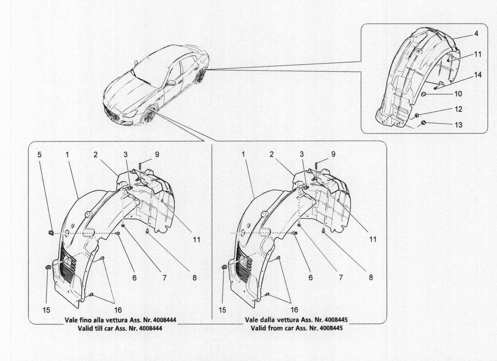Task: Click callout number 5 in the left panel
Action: click(x=39, y=154)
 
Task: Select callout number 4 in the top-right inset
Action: click(x=464, y=33)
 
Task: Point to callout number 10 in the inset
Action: click(x=458, y=94)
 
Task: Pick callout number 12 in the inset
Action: click(x=458, y=110)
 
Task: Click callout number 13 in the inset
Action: click(x=458, y=125)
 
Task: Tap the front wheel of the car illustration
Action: click(x=149, y=116)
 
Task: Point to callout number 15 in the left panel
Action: click(x=47, y=310)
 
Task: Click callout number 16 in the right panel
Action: click(x=294, y=310)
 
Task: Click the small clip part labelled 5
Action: click(x=51, y=232)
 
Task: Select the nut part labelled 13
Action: click(x=423, y=123)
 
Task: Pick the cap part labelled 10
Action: click(x=425, y=94)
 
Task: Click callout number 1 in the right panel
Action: click(x=244, y=154)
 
